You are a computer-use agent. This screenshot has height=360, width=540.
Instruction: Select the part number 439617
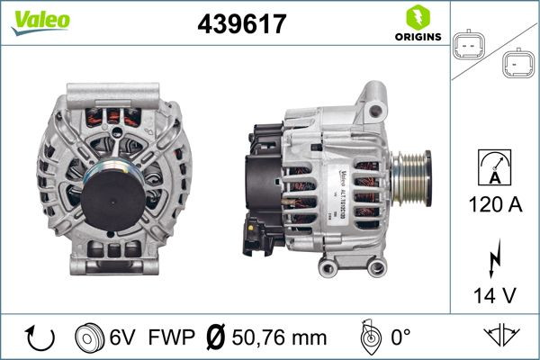[x=241, y=24]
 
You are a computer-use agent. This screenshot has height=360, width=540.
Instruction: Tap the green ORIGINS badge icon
[x=417, y=17]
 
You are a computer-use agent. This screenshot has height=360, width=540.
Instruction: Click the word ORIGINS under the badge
[x=417, y=37]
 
